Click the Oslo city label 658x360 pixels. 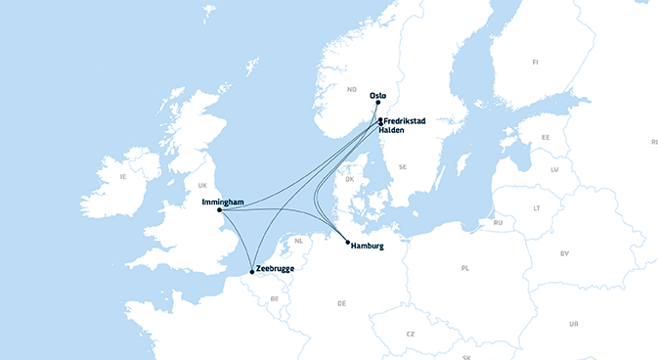click(378, 95)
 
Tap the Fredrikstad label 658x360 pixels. click(406, 121)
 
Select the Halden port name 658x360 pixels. click(397, 129)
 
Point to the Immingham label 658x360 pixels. click(222, 202)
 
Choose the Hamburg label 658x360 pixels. click(367, 247)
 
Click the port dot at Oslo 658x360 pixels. click(377, 102)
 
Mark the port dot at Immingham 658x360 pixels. click(219, 209)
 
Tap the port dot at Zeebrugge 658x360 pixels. click(251, 271)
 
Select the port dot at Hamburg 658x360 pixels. click(347, 242)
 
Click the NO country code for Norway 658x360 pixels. click(351, 90)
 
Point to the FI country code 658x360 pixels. click(535, 62)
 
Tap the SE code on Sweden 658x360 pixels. click(402, 167)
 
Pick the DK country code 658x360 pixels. click(349, 179)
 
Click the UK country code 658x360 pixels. click(202, 185)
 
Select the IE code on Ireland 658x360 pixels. click(122, 177)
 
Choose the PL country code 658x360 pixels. click(465, 267)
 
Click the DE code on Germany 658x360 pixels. click(341, 303)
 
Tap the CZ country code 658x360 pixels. click(411, 334)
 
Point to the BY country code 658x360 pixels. click(564, 253)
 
